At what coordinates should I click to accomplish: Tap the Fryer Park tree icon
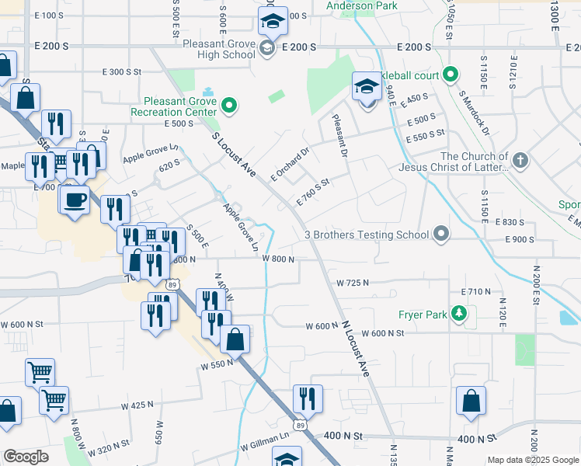460,314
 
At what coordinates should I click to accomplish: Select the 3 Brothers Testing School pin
441,234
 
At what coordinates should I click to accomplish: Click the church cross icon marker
520,161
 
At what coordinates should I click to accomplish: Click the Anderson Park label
362,5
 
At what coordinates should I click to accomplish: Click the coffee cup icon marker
75,200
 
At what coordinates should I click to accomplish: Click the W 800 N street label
277,259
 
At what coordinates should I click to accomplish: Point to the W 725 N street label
351,283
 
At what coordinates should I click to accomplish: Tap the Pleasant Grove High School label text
219,49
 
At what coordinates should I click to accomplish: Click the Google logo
26,457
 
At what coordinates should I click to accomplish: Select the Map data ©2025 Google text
533,460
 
